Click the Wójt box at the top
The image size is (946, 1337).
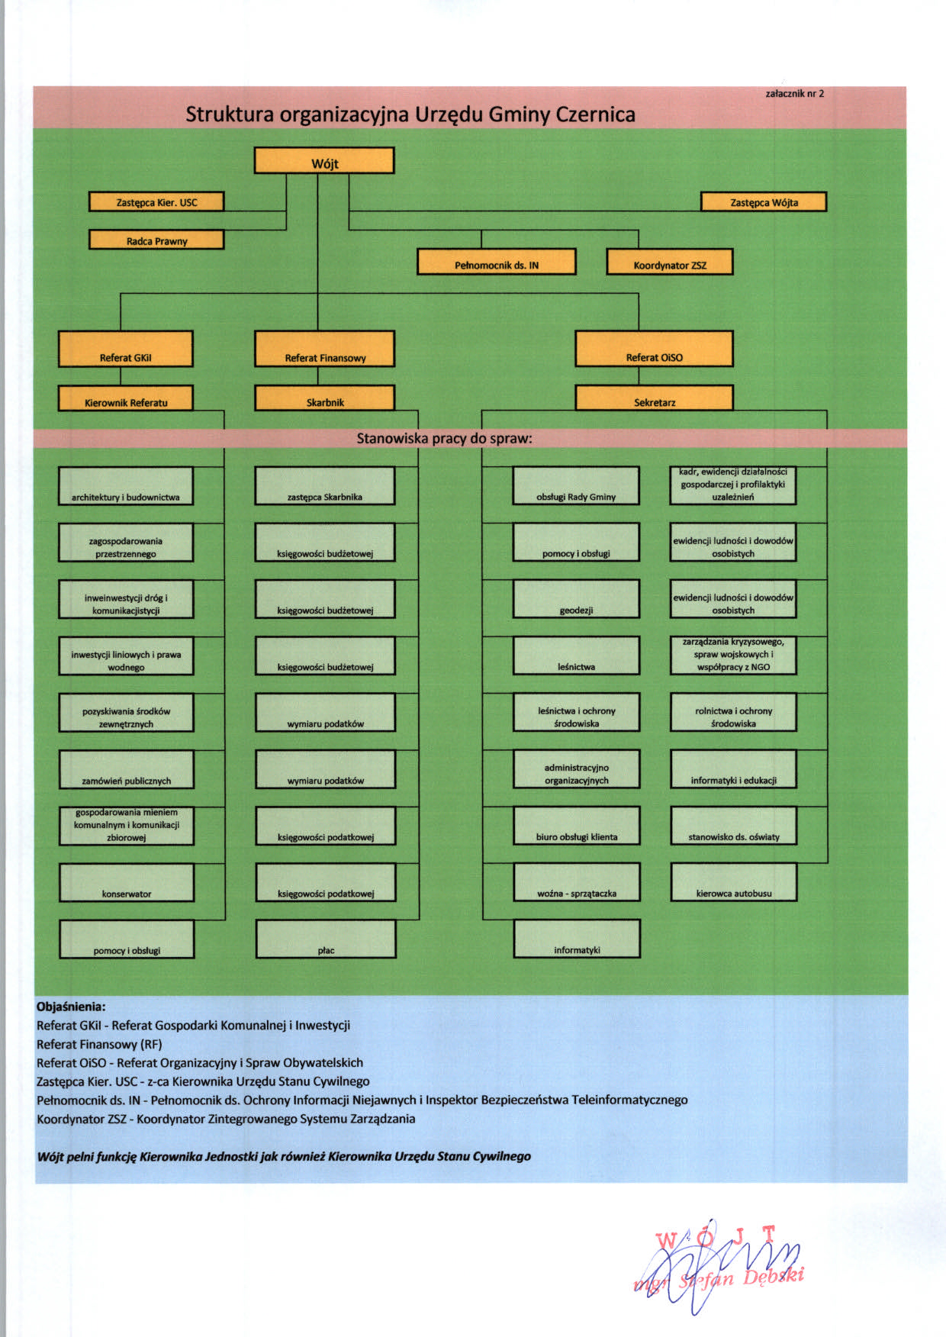pyautogui.click(x=324, y=160)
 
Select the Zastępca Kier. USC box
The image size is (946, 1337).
pyautogui.click(x=156, y=201)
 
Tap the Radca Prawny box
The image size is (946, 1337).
pyautogui.click(x=156, y=240)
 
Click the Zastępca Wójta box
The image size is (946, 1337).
pyautogui.click(x=764, y=201)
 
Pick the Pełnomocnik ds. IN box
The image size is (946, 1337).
pyautogui.click(x=497, y=262)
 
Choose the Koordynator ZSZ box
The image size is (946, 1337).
pyautogui.click(x=670, y=262)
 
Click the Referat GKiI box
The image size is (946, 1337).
pyautogui.click(x=126, y=349)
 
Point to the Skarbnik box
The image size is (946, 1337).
pyautogui.click(x=325, y=398)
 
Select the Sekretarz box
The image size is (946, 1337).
pyautogui.click(x=655, y=398)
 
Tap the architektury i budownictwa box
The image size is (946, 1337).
pyautogui.click(x=126, y=486)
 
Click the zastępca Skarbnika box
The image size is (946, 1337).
pyautogui.click(x=325, y=486)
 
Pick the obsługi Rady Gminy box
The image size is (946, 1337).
pyautogui.click(x=576, y=486)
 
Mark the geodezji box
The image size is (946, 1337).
pyautogui.click(x=577, y=599)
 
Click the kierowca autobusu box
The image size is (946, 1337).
pyautogui.click(x=734, y=882)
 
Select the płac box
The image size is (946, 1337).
pyautogui.click(x=326, y=939)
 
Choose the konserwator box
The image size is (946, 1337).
pyautogui.click(x=127, y=882)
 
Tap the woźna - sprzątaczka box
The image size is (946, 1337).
pyautogui.click(x=577, y=882)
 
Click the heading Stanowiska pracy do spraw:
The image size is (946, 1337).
pyautogui.click(x=445, y=438)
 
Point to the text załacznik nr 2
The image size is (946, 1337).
pyautogui.click(x=794, y=93)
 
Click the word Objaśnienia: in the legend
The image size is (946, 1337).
pyautogui.click(x=71, y=1007)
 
